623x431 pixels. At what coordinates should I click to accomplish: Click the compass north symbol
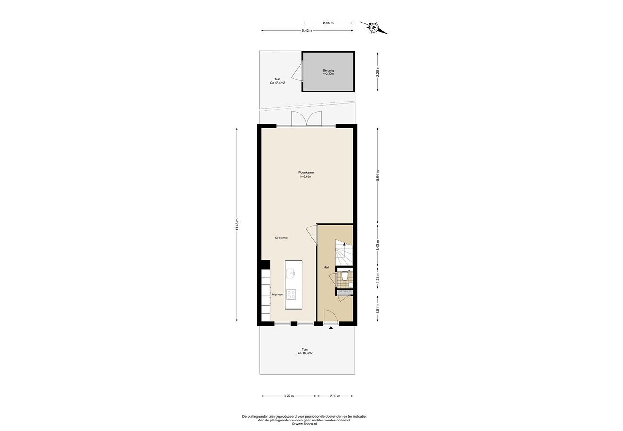click(x=374, y=27)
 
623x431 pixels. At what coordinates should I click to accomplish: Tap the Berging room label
click(x=328, y=70)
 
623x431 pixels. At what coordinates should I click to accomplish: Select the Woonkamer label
click(x=306, y=172)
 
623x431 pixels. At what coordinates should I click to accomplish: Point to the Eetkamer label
click(x=281, y=238)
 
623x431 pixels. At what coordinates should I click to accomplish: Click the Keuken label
click(x=277, y=295)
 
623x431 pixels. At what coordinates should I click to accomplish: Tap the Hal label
click(x=326, y=267)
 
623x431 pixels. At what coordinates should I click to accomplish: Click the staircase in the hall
click(x=344, y=252)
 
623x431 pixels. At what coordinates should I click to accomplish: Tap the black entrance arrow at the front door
click(x=331, y=328)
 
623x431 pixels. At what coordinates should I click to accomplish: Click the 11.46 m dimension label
click(x=237, y=225)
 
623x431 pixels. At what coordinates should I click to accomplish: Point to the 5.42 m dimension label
click(x=307, y=31)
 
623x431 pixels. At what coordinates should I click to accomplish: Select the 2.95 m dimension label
click(x=328, y=23)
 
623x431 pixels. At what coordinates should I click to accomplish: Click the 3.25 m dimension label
click(x=288, y=396)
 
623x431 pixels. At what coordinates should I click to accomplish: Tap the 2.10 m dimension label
click(x=335, y=396)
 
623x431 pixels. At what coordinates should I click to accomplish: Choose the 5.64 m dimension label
click(x=378, y=176)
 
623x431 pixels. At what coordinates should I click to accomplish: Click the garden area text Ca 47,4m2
click(x=277, y=83)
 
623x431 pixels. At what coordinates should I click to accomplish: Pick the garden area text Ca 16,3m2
click(x=305, y=353)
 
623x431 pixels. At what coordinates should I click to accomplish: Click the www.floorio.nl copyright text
click(x=304, y=424)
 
